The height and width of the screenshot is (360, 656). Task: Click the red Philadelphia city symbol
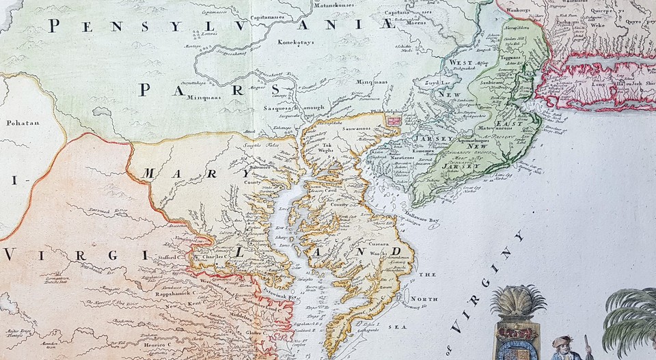pos(394,120)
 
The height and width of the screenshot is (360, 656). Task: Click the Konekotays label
pos(295,41)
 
